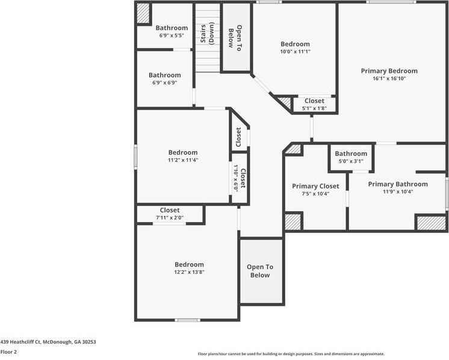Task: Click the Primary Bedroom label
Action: tap(389, 71)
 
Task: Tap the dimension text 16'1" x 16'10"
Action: tap(389, 79)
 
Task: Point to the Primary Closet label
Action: tap(315, 186)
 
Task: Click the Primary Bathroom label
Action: tap(398, 184)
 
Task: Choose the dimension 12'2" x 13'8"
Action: tap(189, 272)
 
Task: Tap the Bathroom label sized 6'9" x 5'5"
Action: tap(172, 28)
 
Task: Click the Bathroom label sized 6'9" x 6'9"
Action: tap(165, 75)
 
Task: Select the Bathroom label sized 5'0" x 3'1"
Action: tap(351, 154)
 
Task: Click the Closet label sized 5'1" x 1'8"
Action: tap(314, 101)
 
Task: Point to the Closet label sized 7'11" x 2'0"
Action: tap(170, 210)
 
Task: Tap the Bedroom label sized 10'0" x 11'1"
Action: tap(295, 44)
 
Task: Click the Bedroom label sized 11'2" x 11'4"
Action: tap(183, 153)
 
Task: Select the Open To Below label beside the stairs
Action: tap(235, 37)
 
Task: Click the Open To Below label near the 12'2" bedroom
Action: tap(260, 271)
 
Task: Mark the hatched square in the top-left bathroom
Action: tap(143, 13)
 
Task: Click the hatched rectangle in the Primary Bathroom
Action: tap(431, 222)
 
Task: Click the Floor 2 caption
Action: tap(8, 352)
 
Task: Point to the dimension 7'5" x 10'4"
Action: tap(315, 194)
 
